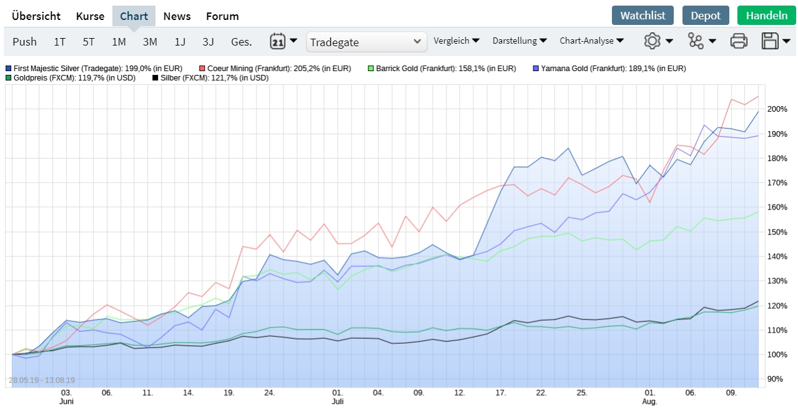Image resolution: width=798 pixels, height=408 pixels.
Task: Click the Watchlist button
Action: point(643,16)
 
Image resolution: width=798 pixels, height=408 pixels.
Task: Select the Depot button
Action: point(706,16)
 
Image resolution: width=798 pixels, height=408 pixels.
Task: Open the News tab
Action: point(177,16)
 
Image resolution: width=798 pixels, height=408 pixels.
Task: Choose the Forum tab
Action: point(222,16)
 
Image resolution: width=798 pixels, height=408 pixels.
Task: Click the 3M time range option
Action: point(150,42)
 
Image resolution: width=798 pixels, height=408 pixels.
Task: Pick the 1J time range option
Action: point(180,42)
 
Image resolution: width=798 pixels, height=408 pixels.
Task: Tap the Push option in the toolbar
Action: point(24,42)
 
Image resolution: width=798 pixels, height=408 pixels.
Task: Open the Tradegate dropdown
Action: point(367,42)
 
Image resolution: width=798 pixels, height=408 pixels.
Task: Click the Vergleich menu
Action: point(456,41)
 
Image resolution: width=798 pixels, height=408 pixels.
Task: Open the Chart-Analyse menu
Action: point(591,41)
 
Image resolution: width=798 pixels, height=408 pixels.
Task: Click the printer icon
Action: point(739,42)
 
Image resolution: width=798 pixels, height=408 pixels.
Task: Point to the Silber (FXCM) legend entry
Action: point(210,78)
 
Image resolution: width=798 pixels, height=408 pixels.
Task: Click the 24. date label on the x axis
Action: point(269,393)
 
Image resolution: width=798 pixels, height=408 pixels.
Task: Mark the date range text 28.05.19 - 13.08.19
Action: point(41,380)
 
